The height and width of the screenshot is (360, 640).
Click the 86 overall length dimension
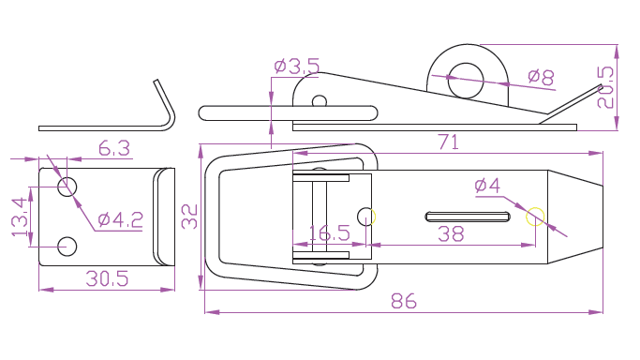pyautogui.click(x=404, y=301)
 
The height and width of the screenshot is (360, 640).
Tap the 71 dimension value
pyautogui.click(x=448, y=142)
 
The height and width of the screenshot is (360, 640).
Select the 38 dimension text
pyautogui.click(x=451, y=234)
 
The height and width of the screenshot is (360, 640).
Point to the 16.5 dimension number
pyautogui.click(x=330, y=233)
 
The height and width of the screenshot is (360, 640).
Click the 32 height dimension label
pyautogui.click(x=189, y=217)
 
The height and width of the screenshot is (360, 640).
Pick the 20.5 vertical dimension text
pyautogui.click(x=605, y=87)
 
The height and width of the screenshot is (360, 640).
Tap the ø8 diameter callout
pyautogui.click(x=541, y=76)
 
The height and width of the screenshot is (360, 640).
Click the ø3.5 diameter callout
pyautogui.click(x=297, y=67)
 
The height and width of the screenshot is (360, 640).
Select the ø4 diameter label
pyautogui.click(x=487, y=186)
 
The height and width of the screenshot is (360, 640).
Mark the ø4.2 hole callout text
pyautogui.click(x=120, y=220)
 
